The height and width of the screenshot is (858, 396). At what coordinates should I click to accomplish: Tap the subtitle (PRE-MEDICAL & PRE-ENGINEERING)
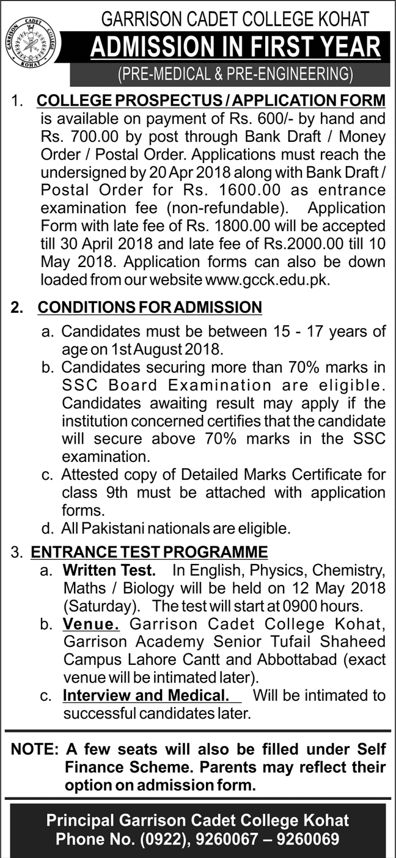235,75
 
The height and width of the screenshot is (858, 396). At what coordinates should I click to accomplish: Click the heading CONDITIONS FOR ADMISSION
150,307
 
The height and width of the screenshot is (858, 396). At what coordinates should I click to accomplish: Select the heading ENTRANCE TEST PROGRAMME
150,552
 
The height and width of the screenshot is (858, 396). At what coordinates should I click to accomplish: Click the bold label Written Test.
108,571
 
